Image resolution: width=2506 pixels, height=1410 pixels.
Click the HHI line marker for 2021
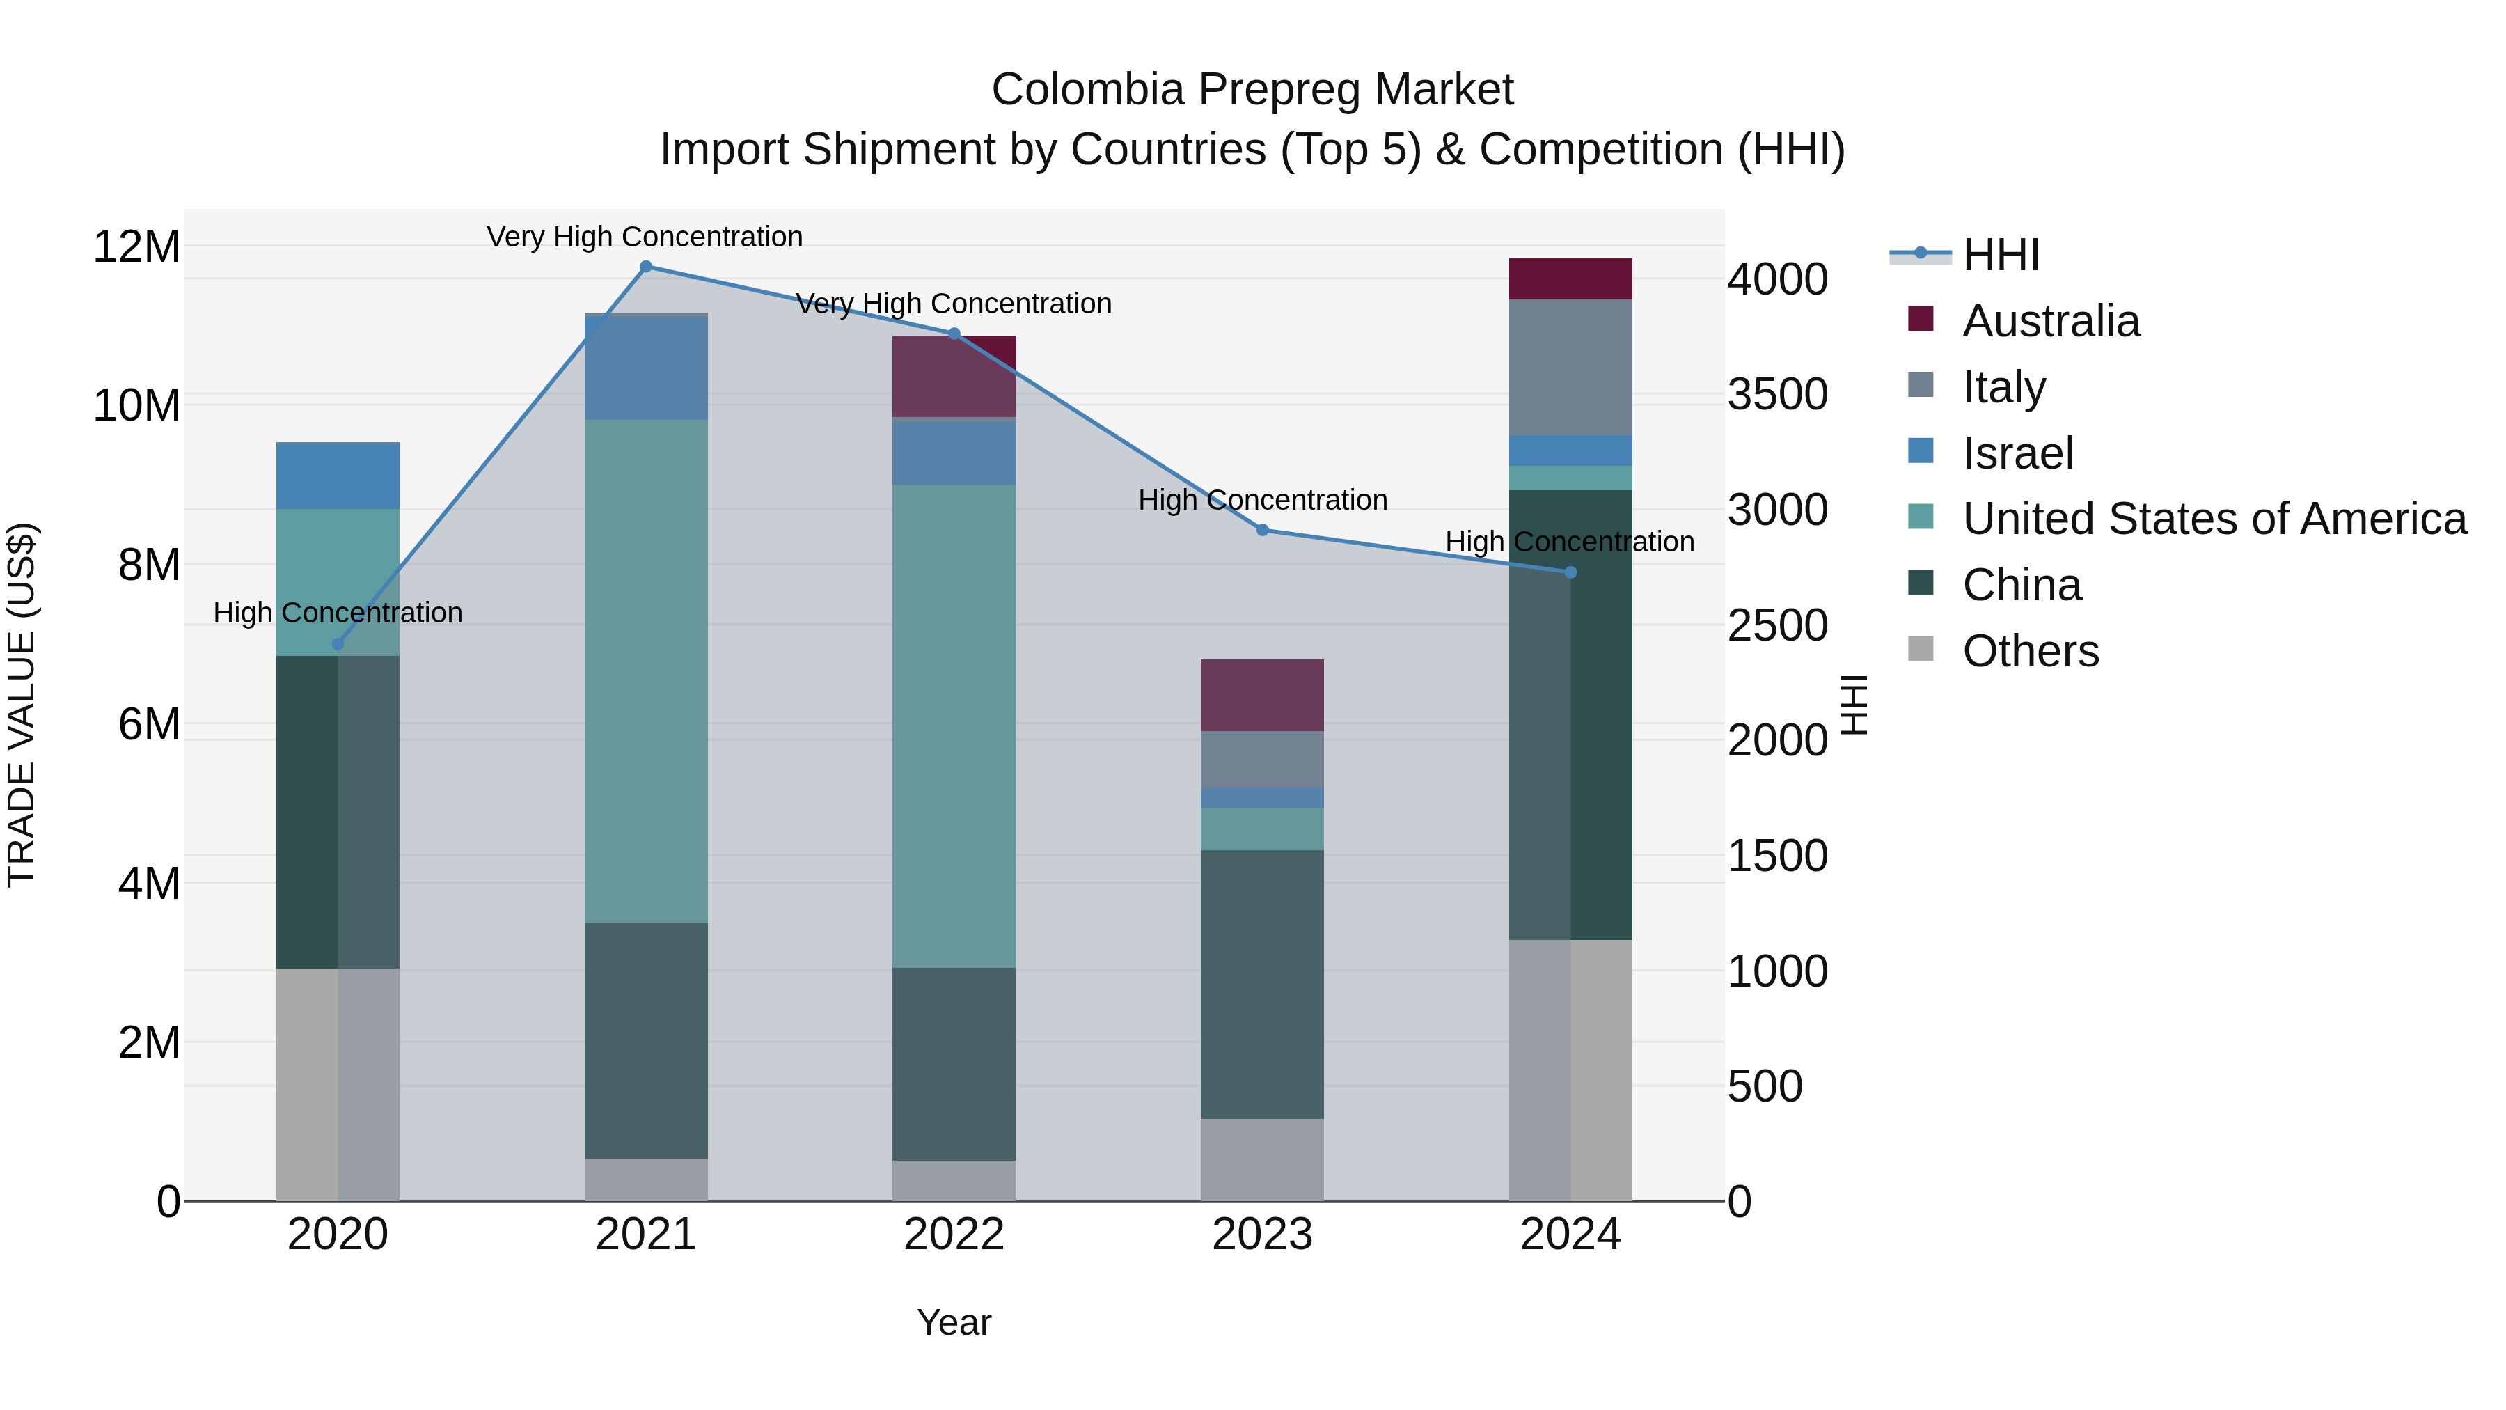click(646, 267)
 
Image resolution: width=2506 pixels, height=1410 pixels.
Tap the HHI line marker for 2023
click(1262, 531)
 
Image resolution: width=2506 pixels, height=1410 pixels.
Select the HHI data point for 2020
click(338, 644)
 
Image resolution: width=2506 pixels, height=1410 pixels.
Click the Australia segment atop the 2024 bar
click(1570, 279)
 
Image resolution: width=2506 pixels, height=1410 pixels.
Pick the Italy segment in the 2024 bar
click(1570, 367)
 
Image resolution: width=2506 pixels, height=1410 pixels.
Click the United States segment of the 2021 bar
click(646, 671)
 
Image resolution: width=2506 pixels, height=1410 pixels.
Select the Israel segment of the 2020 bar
click(338, 476)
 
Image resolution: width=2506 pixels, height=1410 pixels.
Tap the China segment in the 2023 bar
click(1262, 984)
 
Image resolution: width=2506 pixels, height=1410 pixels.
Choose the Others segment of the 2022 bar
click(954, 1180)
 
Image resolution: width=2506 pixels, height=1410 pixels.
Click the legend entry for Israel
click(2017, 453)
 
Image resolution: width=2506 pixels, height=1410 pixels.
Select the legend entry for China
click(2022, 585)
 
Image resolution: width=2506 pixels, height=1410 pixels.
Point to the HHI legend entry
click(2000, 255)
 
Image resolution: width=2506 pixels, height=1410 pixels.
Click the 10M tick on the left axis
click(136, 406)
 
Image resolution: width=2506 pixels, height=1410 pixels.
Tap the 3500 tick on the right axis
click(1777, 395)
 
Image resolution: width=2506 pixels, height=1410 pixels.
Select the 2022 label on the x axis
click(954, 1235)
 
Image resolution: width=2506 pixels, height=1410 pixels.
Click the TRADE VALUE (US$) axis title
click(22, 705)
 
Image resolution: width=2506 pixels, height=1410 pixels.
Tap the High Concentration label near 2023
click(1262, 500)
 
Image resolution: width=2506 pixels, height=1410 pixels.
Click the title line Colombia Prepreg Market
click(1252, 91)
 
